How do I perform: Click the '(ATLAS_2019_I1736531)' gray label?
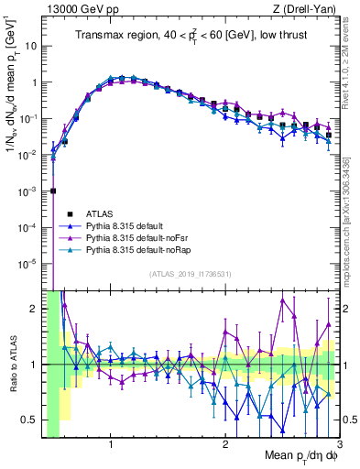(x=191, y=274)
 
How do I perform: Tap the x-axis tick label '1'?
(x=111, y=444)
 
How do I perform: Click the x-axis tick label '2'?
(x=225, y=444)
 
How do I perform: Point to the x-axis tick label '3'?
(x=338, y=444)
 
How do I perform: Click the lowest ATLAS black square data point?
(x=53, y=191)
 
